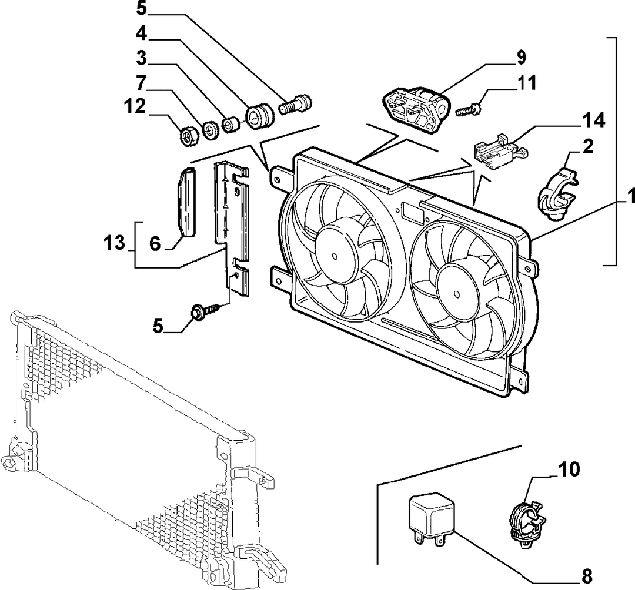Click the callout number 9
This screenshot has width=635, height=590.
point(520,58)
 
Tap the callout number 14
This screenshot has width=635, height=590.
point(594,120)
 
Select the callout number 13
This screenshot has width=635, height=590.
point(115,244)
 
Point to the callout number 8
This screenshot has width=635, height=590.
point(587,575)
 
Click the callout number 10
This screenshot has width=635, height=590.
point(569,470)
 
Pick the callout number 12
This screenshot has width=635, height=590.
point(135,107)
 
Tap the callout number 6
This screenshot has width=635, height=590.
point(155,244)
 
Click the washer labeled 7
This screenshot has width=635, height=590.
point(210,130)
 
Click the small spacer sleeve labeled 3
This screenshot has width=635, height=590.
point(231,124)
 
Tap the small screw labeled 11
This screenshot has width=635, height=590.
point(469,109)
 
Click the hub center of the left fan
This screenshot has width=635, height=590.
point(335,256)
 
